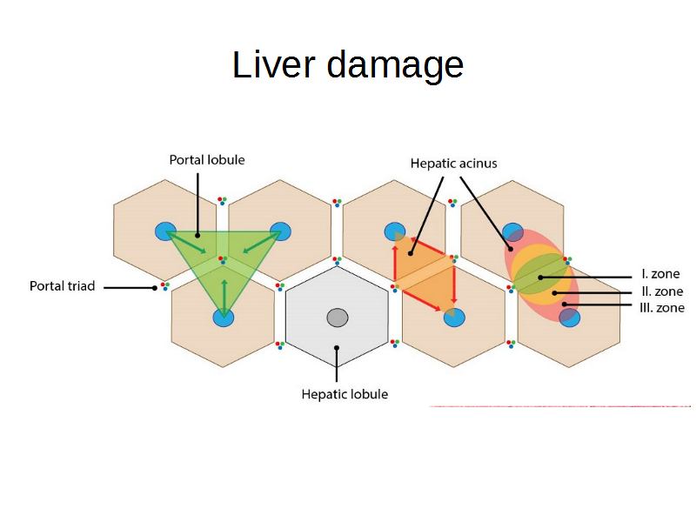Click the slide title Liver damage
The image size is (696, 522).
point(347,65)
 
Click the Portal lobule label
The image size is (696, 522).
point(206,159)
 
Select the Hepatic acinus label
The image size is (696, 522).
point(453,163)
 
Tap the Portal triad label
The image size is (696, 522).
point(62,285)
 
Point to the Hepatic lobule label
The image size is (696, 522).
point(345,394)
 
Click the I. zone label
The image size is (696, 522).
point(660,274)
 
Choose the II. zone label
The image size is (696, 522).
point(661,291)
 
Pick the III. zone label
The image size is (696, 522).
point(661,308)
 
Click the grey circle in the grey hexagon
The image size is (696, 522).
point(338,318)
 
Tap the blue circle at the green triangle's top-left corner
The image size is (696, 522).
point(166,231)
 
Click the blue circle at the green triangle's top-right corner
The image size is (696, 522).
point(280,231)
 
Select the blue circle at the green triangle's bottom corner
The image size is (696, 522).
point(224,318)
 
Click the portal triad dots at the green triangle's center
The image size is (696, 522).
point(223,259)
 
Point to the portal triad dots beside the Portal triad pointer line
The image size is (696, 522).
point(164,285)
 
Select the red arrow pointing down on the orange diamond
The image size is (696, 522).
point(454,285)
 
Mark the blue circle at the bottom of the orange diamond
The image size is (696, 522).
point(453,318)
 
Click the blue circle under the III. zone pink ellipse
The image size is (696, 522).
point(569,318)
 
